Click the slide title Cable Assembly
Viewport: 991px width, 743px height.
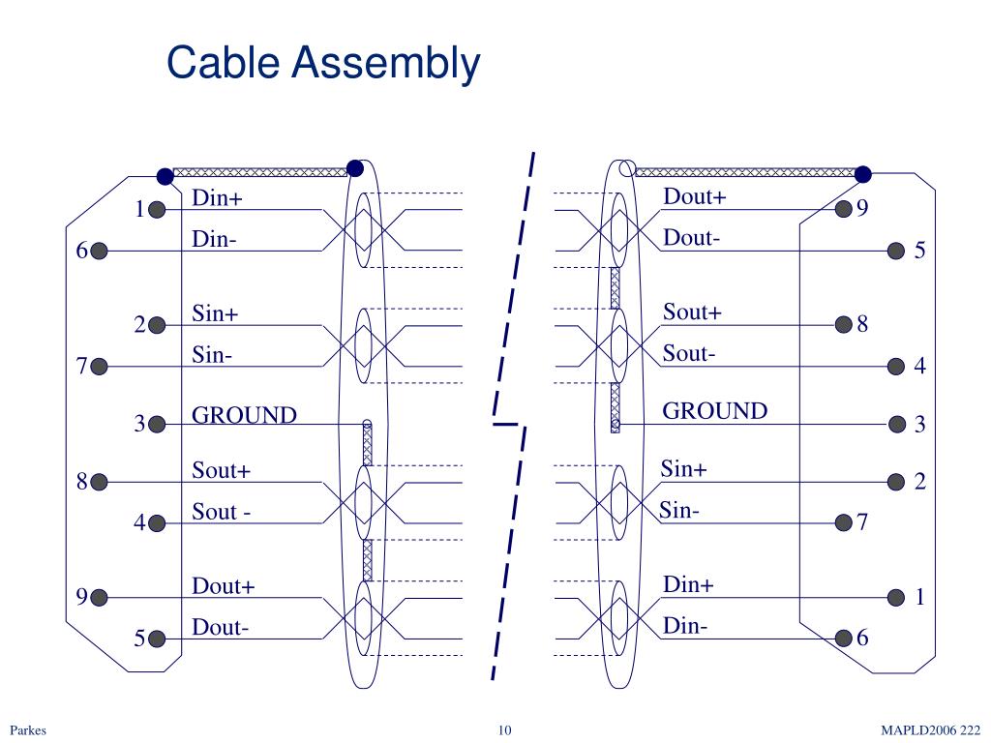click(x=323, y=64)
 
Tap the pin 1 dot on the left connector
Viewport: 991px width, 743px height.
click(x=158, y=209)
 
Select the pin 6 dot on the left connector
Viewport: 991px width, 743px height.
click(x=100, y=251)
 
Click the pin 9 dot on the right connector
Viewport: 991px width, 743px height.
click(x=843, y=208)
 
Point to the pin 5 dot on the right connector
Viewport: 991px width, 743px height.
click(x=896, y=251)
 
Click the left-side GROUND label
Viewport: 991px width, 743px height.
click(x=244, y=415)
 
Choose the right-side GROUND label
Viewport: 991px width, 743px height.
click(x=714, y=411)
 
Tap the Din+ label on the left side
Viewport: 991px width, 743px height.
click(x=218, y=198)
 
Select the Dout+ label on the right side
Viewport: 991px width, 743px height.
click(x=694, y=197)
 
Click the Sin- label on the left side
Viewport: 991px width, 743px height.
click(x=212, y=355)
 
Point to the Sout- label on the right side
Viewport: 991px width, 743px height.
click(x=689, y=354)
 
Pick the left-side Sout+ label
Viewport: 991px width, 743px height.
click(x=222, y=471)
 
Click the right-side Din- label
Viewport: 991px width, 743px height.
click(x=685, y=626)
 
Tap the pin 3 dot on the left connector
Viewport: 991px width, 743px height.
click(x=158, y=424)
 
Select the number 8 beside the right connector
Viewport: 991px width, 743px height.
click(x=862, y=324)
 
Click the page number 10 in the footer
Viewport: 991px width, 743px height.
click(x=504, y=730)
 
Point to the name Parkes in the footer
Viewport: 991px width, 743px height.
click(x=28, y=730)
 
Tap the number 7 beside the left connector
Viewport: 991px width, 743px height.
click(x=82, y=367)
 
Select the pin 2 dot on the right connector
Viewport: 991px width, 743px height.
click(x=896, y=481)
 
